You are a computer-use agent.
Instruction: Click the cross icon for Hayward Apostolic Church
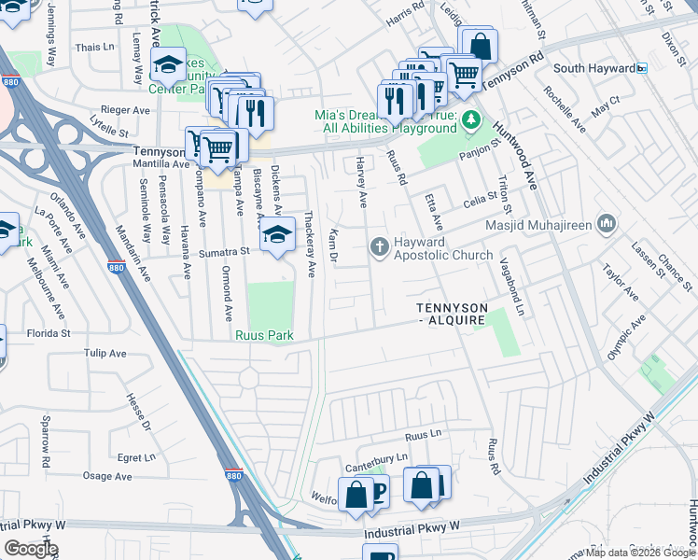click(x=379, y=246)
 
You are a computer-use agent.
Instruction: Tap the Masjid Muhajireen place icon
click(x=607, y=223)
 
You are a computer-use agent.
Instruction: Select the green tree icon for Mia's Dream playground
click(x=471, y=119)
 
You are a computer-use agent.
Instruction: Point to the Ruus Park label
click(x=264, y=335)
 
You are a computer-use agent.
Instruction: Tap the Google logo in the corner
click(x=31, y=549)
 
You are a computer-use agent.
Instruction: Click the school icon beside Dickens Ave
click(x=276, y=234)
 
